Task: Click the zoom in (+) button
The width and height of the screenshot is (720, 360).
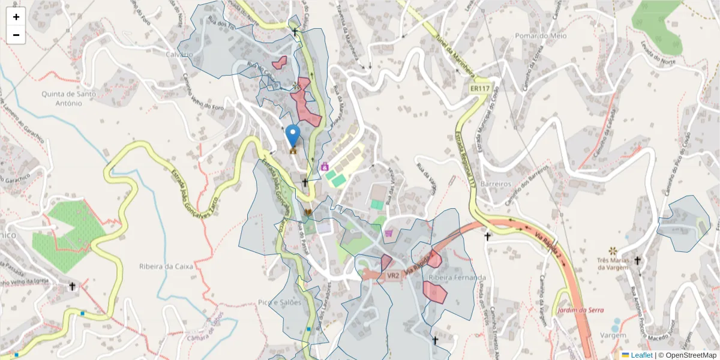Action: (x=16, y=17)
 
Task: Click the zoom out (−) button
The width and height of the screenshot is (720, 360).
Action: (x=16, y=35)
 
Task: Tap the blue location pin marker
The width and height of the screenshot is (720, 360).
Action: (x=293, y=136)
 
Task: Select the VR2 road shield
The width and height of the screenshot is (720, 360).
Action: (x=393, y=275)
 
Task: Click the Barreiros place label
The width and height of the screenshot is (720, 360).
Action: (x=496, y=184)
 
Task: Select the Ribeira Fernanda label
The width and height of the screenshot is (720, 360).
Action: (x=457, y=277)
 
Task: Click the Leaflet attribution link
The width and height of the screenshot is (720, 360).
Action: (x=641, y=355)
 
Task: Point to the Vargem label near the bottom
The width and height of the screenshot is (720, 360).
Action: (x=613, y=335)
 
